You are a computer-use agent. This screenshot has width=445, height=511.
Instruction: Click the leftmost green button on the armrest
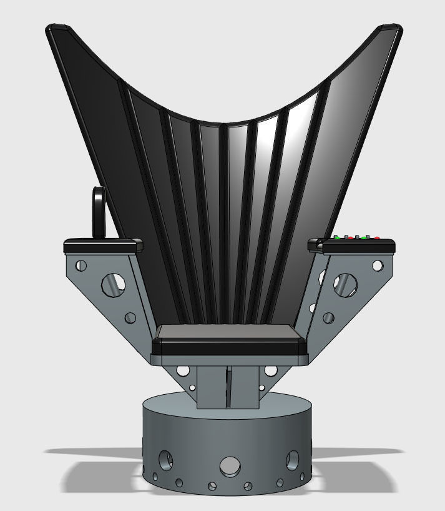(x=338, y=237)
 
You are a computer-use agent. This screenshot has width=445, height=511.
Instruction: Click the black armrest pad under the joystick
(x=102, y=244)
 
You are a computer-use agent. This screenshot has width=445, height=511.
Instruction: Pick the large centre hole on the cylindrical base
(x=230, y=465)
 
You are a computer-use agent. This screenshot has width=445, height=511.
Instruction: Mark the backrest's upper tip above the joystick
(x=60, y=28)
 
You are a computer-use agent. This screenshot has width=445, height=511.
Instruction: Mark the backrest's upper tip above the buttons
(x=392, y=28)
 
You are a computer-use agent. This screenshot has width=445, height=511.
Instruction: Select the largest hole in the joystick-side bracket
(x=112, y=284)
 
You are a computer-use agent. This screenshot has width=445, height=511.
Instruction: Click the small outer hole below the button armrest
(x=377, y=265)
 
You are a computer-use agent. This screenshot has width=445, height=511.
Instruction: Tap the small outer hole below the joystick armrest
(x=79, y=265)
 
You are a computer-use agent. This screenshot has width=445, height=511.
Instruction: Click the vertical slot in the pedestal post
(x=227, y=387)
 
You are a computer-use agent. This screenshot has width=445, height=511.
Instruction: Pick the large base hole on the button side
(x=292, y=461)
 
